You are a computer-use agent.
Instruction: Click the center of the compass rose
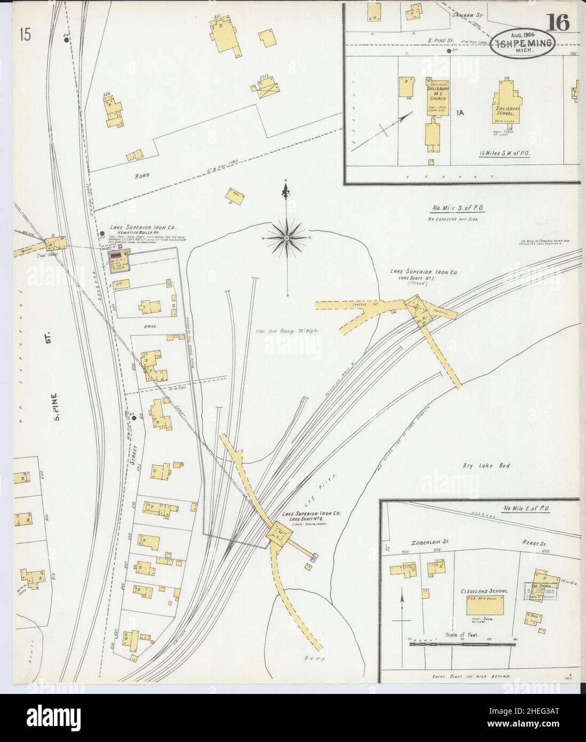coord(287,236)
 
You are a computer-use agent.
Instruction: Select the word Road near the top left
coord(143,174)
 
